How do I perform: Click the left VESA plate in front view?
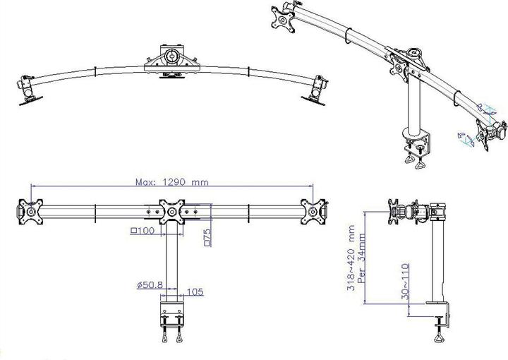(x=30, y=211)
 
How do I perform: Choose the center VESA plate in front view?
(x=171, y=212)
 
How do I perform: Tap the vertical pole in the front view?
(x=171, y=261)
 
